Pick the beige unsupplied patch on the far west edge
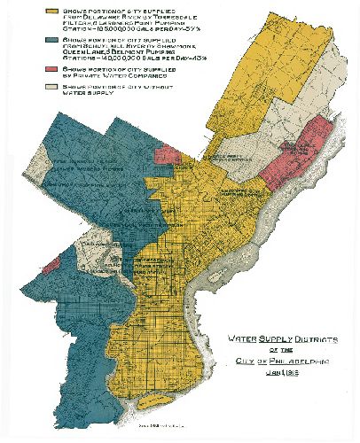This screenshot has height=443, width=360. pyautogui.click(x=37, y=163)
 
